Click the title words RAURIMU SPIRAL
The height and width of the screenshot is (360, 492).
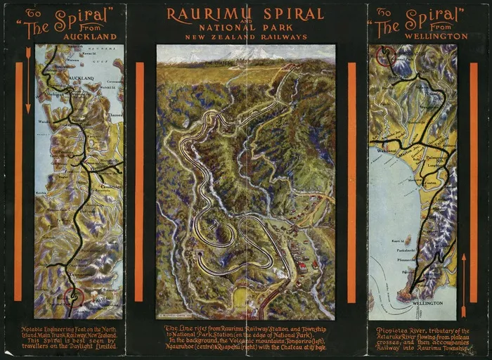click(245, 14)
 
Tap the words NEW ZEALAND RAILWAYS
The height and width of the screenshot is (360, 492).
click(245, 37)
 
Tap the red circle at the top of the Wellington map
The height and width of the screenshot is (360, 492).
click(385, 56)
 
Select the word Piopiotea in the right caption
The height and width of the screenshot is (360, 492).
click(394, 328)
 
